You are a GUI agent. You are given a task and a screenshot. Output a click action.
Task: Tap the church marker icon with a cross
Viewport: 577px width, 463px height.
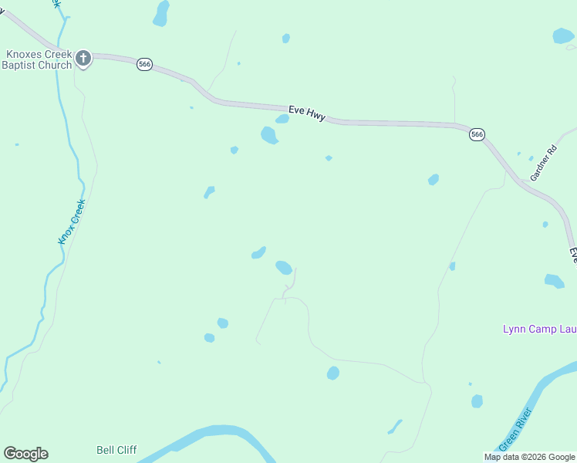(83, 58)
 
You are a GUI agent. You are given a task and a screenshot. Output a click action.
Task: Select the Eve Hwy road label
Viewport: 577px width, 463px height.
(307, 113)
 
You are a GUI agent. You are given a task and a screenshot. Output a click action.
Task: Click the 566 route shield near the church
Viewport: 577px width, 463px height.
(144, 64)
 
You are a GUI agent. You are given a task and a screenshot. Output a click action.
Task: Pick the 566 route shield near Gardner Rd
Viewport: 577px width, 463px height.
(477, 134)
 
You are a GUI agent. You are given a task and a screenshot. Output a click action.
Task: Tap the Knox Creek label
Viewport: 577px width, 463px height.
(72, 222)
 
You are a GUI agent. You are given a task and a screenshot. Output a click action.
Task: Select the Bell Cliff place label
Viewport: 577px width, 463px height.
(116, 450)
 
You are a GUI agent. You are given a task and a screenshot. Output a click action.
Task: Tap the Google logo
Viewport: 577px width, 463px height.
(25, 454)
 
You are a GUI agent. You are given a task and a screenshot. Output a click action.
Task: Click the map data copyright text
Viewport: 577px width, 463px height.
(530, 457)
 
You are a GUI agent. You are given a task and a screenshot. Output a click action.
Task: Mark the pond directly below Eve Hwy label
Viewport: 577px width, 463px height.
(269, 135)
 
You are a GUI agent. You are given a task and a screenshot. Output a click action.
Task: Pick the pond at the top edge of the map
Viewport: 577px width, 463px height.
(161, 13)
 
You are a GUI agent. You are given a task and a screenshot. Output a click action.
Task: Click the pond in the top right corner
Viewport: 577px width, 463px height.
(563, 35)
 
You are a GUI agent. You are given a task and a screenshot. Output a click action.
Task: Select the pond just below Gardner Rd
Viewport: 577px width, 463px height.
(545, 225)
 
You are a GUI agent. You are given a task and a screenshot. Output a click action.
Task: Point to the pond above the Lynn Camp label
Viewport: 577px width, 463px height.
(554, 281)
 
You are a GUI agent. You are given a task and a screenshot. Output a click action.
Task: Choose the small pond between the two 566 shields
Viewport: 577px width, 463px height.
(329, 158)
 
